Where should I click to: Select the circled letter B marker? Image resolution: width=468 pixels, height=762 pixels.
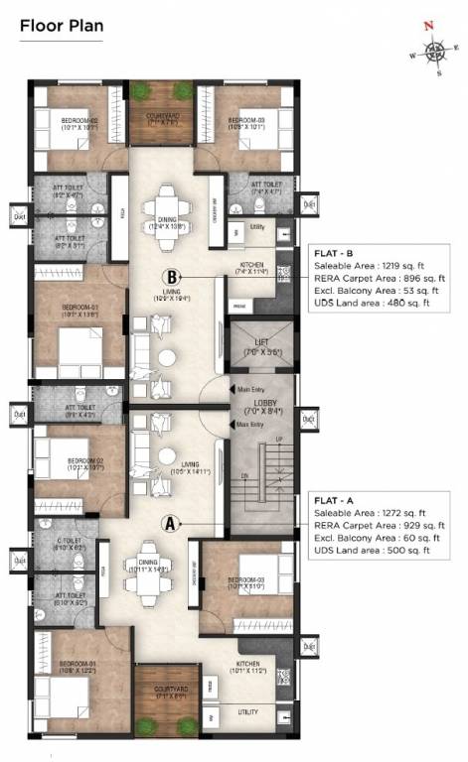click(x=172, y=278)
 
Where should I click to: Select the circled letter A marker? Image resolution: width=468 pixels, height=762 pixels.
click(x=170, y=522)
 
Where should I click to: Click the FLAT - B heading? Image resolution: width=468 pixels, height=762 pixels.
click(x=336, y=252)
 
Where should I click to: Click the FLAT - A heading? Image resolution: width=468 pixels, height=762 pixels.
click(x=336, y=502)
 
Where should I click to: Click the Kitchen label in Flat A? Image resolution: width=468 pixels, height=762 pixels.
click(x=249, y=665)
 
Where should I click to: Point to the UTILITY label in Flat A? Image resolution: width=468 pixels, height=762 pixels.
click(x=249, y=711)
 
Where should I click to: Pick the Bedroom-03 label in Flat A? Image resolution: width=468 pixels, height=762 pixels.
click(x=243, y=581)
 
